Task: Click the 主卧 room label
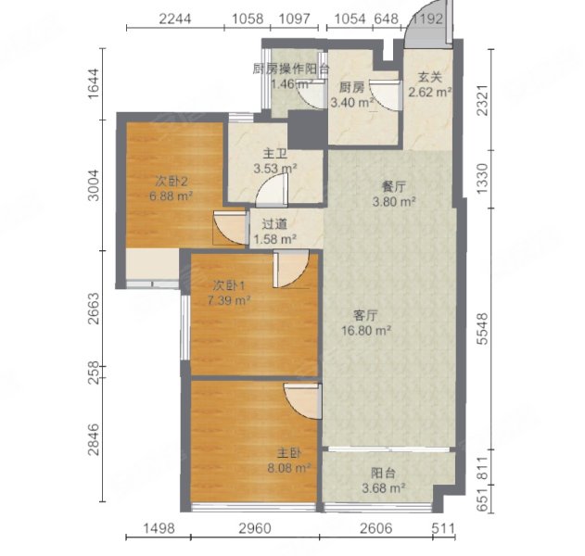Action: point(288,453)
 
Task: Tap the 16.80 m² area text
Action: point(366,331)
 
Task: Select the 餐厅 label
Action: point(394,187)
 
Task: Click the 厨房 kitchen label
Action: point(351,88)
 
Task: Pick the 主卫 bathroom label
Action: point(275,154)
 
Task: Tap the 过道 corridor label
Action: point(274,224)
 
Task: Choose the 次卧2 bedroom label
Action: point(172,182)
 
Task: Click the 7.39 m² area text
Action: point(229,300)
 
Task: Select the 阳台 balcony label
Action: point(383,474)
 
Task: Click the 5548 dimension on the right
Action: point(483,329)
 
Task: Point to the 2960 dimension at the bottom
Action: point(255,528)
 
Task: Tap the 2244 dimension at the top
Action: point(175,19)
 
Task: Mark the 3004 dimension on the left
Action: point(94,185)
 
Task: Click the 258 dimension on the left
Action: point(94,373)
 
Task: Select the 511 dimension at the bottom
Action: point(443,528)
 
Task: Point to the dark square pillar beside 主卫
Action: point(308,130)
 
